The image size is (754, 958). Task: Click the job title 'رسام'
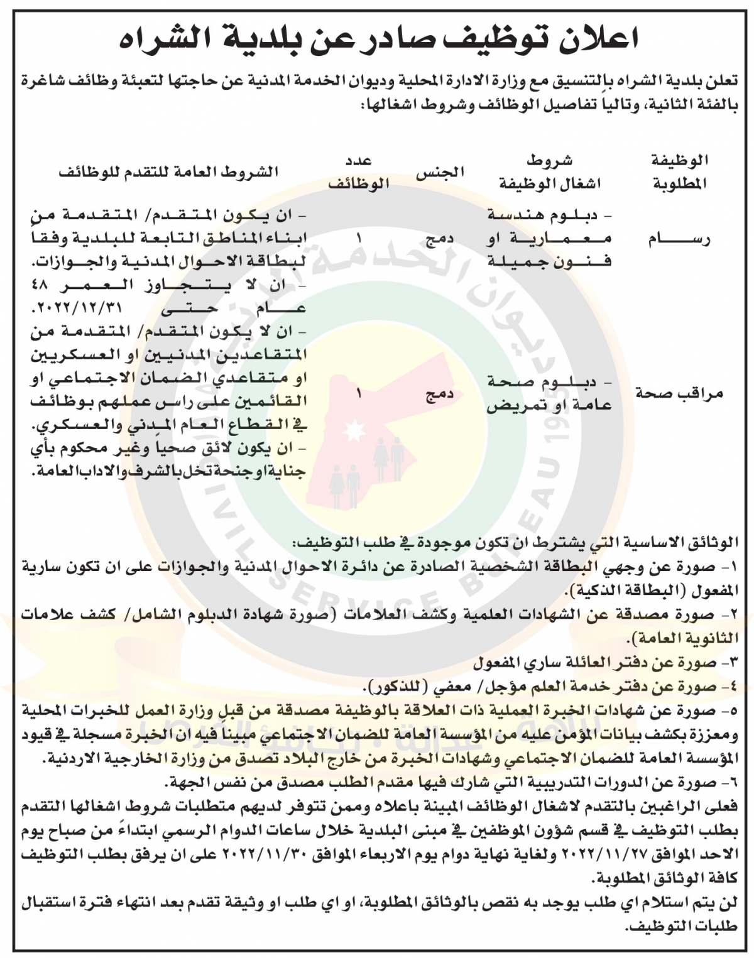click(x=679, y=239)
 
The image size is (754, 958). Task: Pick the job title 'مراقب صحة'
click(x=679, y=394)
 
